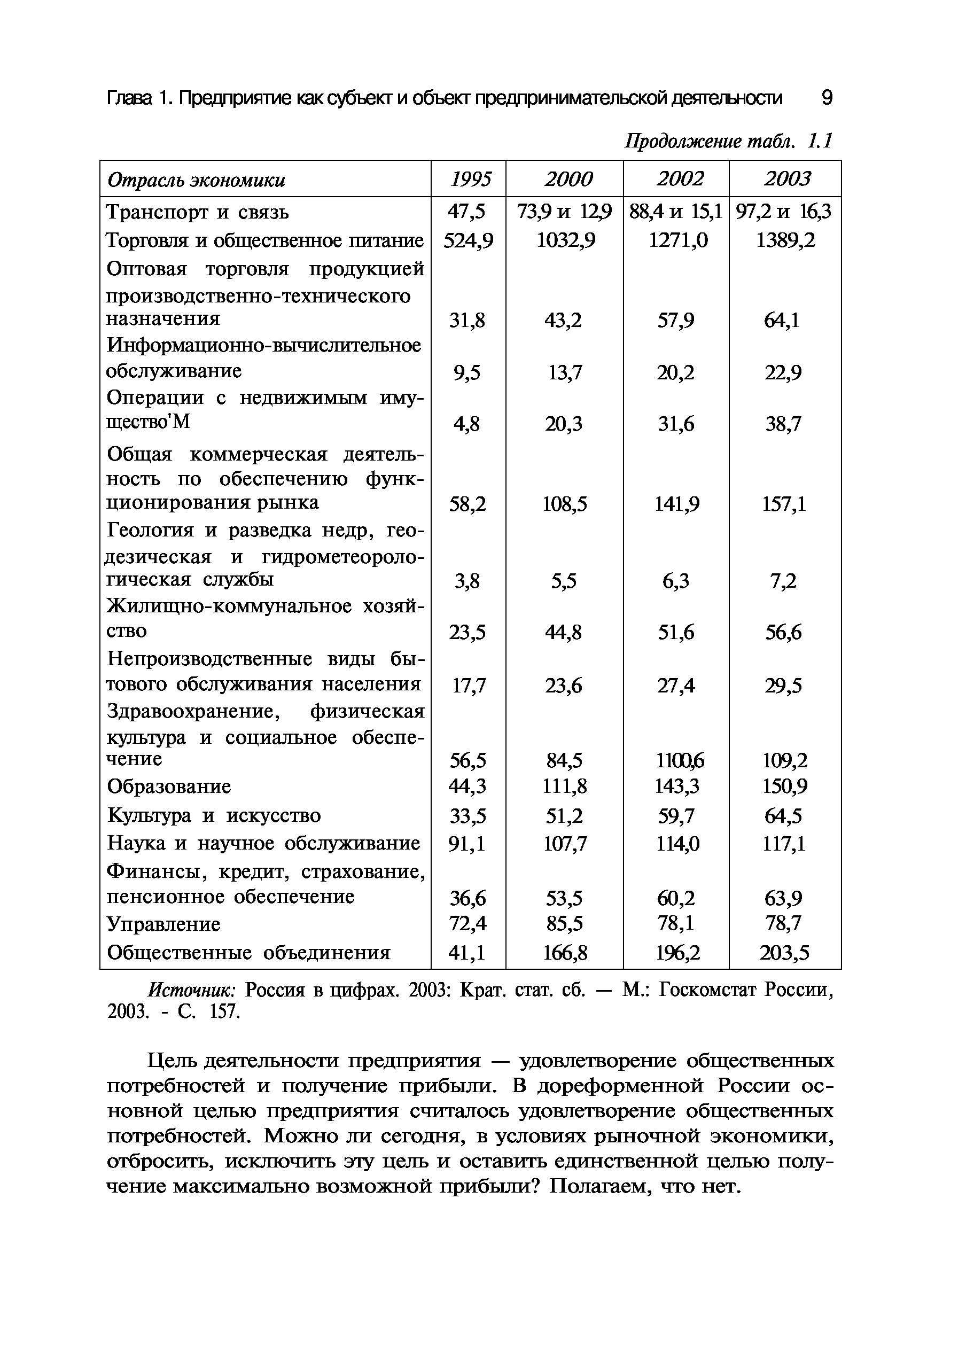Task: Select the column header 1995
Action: click(471, 179)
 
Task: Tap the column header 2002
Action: click(680, 179)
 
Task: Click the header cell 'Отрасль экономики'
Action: click(196, 180)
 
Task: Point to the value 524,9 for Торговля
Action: click(469, 240)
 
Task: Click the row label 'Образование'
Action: click(169, 787)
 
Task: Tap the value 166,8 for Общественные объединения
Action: click(565, 953)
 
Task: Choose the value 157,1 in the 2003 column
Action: click(784, 504)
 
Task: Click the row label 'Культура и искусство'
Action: click(214, 815)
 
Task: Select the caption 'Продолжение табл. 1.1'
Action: click(729, 142)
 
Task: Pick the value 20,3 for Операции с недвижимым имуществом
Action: click(564, 424)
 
